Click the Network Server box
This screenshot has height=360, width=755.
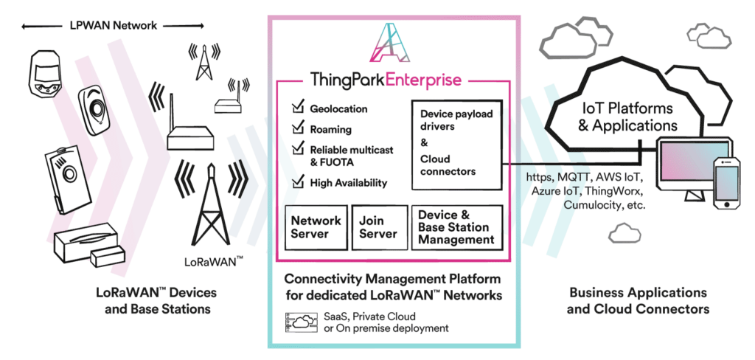point(316,227)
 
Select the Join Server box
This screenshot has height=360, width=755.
point(377,227)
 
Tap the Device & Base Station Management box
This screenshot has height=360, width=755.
point(456,227)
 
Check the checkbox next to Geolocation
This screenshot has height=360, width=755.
point(298,108)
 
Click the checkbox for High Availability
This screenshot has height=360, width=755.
point(298,181)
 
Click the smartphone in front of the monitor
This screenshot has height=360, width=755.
point(726,183)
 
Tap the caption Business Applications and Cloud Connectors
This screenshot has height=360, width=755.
point(639,301)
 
